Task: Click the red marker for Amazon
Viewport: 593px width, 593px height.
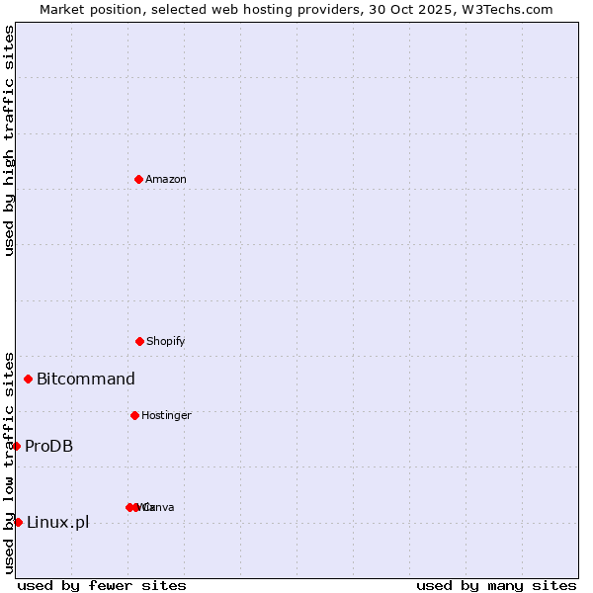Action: pos(138,179)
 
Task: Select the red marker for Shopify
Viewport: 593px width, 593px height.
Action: pos(139,341)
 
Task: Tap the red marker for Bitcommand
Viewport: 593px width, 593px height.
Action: pos(28,379)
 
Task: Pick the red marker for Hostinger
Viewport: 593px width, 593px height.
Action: pos(134,415)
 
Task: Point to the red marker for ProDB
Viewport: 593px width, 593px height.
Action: pos(16,446)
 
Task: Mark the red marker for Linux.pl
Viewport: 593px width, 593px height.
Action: pos(18,522)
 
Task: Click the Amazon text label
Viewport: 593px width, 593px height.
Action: pos(165,179)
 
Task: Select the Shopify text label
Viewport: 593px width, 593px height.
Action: pos(165,341)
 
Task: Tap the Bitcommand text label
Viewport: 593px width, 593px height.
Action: pos(86,379)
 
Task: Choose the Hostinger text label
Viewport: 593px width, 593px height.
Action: pos(166,415)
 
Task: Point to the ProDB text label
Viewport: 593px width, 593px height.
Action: pos(48,446)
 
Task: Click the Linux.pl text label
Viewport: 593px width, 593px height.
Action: pos(57,522)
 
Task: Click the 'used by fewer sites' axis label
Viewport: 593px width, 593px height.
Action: pos(102,585)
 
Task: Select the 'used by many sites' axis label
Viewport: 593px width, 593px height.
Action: pos(496,585)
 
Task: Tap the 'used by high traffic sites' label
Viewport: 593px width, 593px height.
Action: pos(9,140)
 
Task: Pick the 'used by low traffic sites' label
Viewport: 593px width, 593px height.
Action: pos(9,463)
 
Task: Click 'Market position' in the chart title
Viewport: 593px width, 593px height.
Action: pos(87,9)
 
